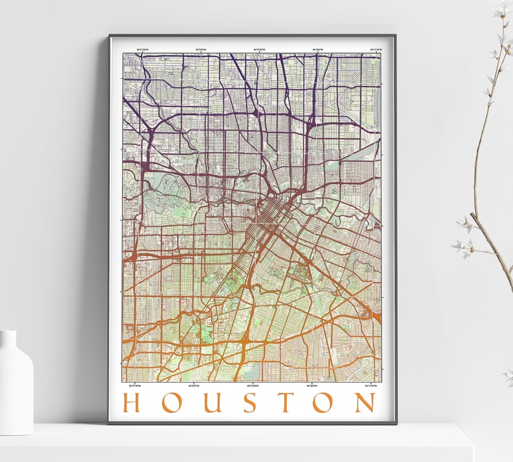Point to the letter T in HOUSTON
(286, 403)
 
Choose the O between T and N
(325, 403)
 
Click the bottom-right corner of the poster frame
(395, 423)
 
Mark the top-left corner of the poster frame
(110, 36)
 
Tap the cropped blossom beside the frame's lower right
(508, 374)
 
